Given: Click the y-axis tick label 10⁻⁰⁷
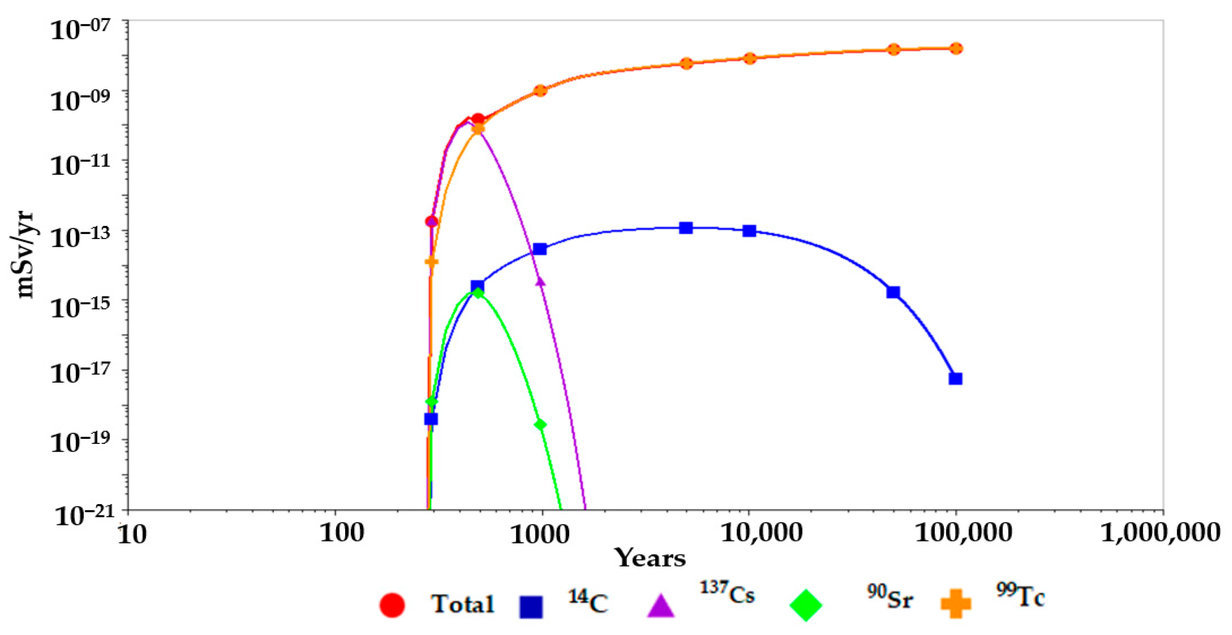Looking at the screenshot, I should coord(80,30).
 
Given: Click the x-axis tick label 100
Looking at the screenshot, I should coord(342,532).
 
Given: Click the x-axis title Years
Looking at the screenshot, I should coord(651,558).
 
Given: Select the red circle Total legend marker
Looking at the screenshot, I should coord(392,605).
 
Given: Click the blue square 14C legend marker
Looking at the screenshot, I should coord(531,607).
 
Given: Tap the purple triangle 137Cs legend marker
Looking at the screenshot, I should coord(661,606).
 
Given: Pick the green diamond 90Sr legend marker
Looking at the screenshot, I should coord(805,605).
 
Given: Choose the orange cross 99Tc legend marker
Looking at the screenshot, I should coord(956,604).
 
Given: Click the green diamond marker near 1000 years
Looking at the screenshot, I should coord(540,425).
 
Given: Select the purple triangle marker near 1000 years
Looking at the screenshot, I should coord(540,281).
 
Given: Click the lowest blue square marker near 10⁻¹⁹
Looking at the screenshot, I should coord(431,419).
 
